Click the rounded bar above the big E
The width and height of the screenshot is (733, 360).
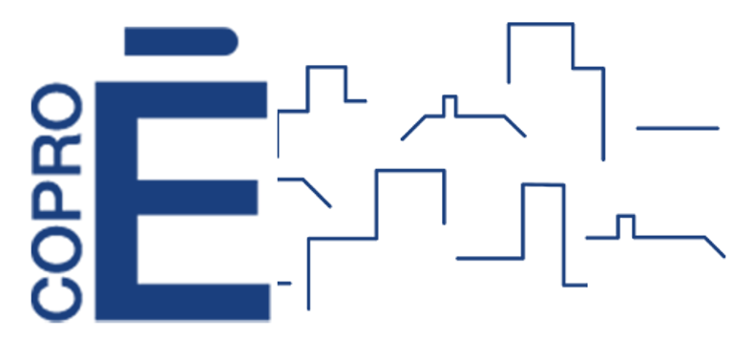pos(181,41)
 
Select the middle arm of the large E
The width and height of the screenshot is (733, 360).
pos(200,197)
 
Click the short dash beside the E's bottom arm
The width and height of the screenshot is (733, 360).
pos(283,283)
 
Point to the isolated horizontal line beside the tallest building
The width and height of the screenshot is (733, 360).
pos(677,127)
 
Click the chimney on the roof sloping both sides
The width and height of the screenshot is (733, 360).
pos(448,103)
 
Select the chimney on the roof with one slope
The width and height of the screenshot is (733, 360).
pos(625,223)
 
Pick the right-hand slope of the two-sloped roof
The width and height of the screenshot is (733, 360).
pos(515,126)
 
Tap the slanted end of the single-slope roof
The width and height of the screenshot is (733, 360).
pos(714,246)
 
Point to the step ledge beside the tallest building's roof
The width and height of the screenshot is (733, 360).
pos(589,68)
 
